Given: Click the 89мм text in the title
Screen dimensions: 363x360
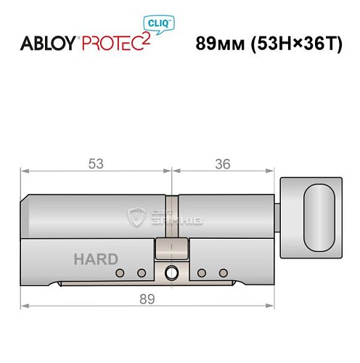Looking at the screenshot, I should point(218,43).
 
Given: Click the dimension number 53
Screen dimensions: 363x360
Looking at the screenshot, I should point(95,164).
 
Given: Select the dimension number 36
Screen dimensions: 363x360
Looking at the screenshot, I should point(223,164).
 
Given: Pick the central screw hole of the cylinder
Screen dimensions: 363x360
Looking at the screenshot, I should point(172,274).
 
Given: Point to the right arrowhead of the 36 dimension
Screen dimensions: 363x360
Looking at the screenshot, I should point(276,172).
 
